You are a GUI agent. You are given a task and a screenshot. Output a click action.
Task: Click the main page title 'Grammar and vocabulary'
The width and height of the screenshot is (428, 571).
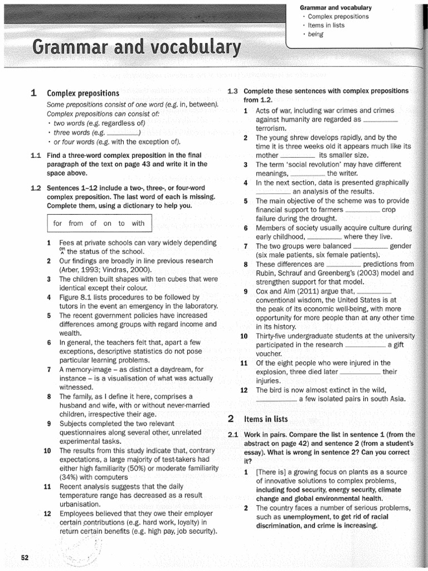point(137,49)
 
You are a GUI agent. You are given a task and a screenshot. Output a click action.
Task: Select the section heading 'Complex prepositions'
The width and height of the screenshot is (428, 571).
point(83,93)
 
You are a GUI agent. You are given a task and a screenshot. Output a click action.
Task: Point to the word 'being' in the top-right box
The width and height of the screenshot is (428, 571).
point(315,34)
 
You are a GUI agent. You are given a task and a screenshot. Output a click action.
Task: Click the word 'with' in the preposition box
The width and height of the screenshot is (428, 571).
point(138,224)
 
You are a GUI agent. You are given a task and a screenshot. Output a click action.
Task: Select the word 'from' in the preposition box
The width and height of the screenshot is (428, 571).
point(76,224)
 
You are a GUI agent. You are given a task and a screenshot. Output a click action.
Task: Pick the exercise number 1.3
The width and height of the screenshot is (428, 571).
point(233,91)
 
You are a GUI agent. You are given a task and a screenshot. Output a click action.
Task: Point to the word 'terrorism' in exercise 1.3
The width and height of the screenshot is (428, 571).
point(270,128)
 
